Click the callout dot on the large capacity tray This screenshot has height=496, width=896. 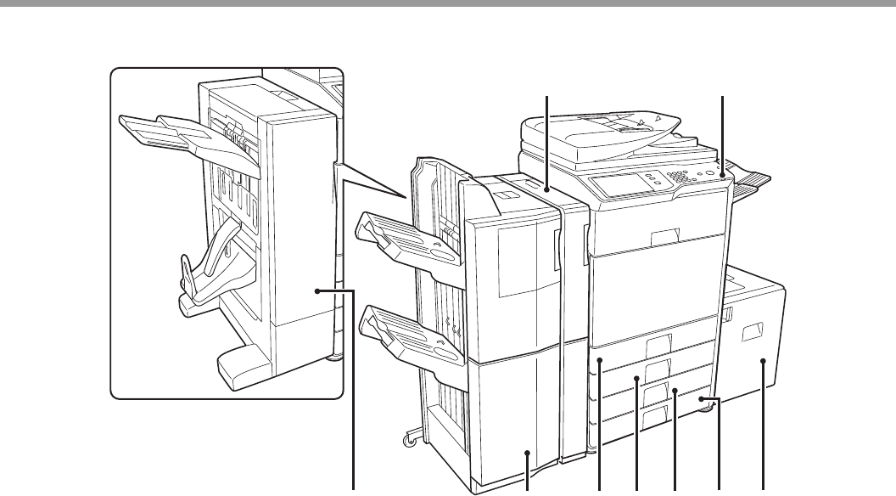click(x=764, y=360)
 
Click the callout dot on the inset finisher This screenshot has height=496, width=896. click(x=317, y=291)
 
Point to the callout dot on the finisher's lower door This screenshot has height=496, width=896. click(x=527, y=454)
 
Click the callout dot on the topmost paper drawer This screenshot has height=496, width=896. click(x=599, y=360)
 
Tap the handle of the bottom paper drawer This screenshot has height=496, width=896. click(x=655, y=415)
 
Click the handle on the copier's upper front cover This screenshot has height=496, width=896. click(x=664, y=234)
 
